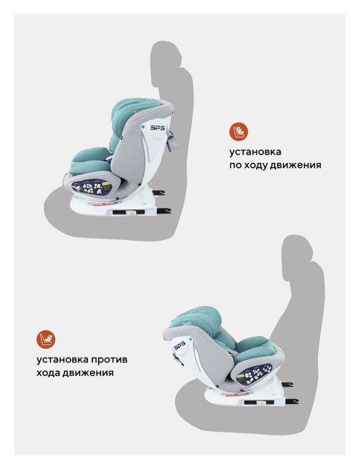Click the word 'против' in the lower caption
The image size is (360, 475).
pyautogui.click(x=107, y=359)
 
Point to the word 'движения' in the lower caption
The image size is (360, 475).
pyautogui.click(x=85, y=373)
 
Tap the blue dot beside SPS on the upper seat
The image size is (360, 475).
pyautogui.click(x=143, y=126)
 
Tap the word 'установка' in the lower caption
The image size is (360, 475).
pyautogui.click(x=58, y=359)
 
